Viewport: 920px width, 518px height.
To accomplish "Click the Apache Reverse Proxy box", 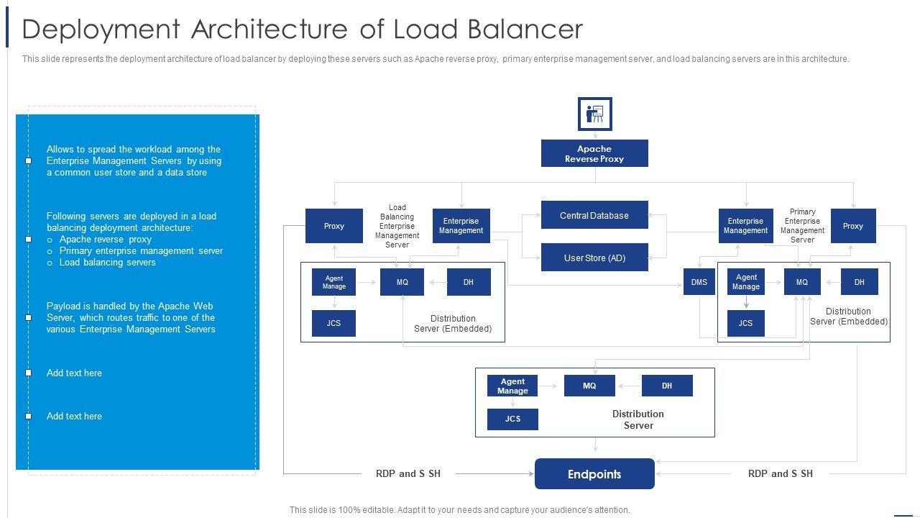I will pyautogui.click(x=594, y=153).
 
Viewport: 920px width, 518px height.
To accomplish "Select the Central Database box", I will pyautogui.click(x=594, y=215).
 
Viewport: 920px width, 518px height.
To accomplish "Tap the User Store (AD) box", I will pyautogui.click(x=594, y=258).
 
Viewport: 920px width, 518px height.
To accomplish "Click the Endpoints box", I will pyautogui.click(x=594, y=474).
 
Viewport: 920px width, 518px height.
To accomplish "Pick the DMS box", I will pyautogui.click(x=699, y=282).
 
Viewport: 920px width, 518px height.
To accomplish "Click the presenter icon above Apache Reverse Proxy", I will pyautogui.click(x=594, y=114).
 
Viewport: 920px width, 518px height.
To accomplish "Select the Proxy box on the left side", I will pyautogui.click(x=333, y=226).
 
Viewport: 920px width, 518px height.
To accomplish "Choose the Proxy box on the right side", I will pyautogui.click(x=853, y=226).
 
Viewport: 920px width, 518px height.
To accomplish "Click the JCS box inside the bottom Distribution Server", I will pyautogui.click(x=512, y=419).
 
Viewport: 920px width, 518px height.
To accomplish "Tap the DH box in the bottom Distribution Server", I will pyautogui.click(x=667, y=386).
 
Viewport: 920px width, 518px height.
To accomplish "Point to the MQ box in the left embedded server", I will pyautogui.click(x=402, y=282).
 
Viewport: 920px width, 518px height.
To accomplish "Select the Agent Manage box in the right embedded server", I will pyautogui.click(x=745, y=282).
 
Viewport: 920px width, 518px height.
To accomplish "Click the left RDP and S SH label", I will pyautogui.click(x=408, y=473).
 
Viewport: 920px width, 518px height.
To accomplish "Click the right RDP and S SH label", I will pyautogui.click(x=781, y=473).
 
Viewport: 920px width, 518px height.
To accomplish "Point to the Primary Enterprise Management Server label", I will pyautogui.click(x=802, y=226).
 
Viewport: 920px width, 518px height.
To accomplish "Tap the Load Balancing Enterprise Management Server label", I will pyautogui.click(x=397, y=226).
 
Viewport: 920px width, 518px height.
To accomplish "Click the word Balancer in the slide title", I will pyautogui.click(x=525, y=29).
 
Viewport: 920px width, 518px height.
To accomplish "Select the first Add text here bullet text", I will pyautogui.click(x=74, y=373).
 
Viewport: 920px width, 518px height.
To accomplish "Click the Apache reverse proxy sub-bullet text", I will pyautogui.click(x=105, y=239).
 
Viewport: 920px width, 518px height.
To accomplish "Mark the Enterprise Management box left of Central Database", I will pyautogui.click(x=461, y=226).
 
